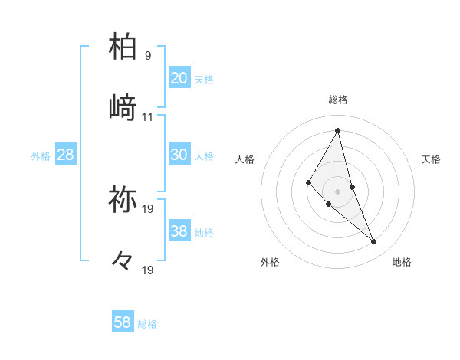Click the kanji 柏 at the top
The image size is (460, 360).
click(x=123, y=47)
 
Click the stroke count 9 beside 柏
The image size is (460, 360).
click(x=147, y=56)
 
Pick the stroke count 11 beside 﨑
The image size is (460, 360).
click(x=148, y=117)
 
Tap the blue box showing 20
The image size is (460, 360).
click(x=179, y=77)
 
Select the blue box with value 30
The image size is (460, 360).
click(x=179, y=154)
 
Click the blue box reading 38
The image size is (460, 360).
click(x=179, y=231)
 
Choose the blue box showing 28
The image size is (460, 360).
click(x=66, y=155)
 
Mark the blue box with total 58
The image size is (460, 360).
click(x=123, y=322)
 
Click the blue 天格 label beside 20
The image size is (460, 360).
click(x=204, y=79)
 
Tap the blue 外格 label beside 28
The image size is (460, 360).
click(x=41, y=155)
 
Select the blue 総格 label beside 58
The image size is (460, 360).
click(x=147, y=324)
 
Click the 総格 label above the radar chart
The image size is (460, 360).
click(x=338, y=100)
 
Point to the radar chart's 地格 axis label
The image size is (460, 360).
click(x=402, y=262)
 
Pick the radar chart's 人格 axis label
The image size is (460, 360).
click(x=245, y=159)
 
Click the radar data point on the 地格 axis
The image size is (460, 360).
click(x=374, y=242)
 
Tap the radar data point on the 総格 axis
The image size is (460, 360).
click(x=338, y=130)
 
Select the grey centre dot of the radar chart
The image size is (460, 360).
click(x=338, y=191)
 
